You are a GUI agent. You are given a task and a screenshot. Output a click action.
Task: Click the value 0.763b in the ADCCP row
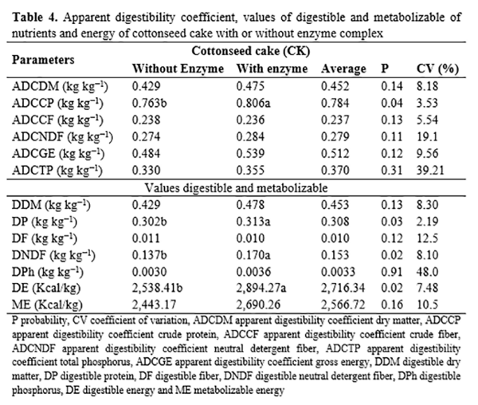pyautogui.click(x=149, y=103)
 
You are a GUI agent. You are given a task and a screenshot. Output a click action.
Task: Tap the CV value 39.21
pyautogui.click(x=429, y=171)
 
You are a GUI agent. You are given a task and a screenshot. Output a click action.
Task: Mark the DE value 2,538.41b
pyautogui.click(x=162, y=289)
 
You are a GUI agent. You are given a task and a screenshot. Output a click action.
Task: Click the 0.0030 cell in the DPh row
pyautogui.click(x=149, y=273)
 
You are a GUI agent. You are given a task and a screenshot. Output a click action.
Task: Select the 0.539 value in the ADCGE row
pyautogui.click(x=251, y=154)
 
